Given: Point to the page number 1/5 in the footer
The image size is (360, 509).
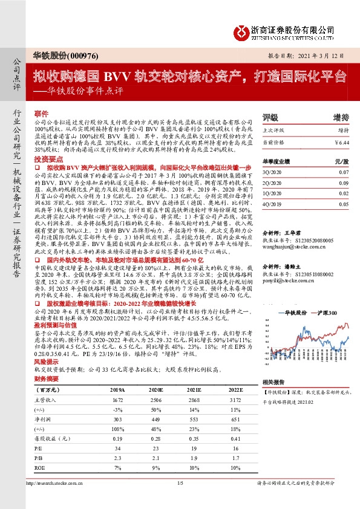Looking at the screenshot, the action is (x=180, y=499).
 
